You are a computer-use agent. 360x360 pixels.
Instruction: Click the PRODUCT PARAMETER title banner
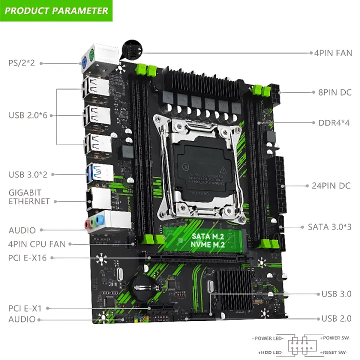click(x=56, y=10)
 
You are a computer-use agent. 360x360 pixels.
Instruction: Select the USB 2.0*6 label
click(x=28, y=115)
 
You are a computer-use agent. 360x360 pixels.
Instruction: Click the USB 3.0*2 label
click(x=28, y=174)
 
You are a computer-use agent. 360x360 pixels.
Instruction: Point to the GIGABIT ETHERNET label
click(x=29, y=196)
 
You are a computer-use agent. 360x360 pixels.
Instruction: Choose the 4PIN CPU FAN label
click(x=37, y=244)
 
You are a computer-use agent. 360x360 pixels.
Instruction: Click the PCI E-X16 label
click(x=28, y=257)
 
